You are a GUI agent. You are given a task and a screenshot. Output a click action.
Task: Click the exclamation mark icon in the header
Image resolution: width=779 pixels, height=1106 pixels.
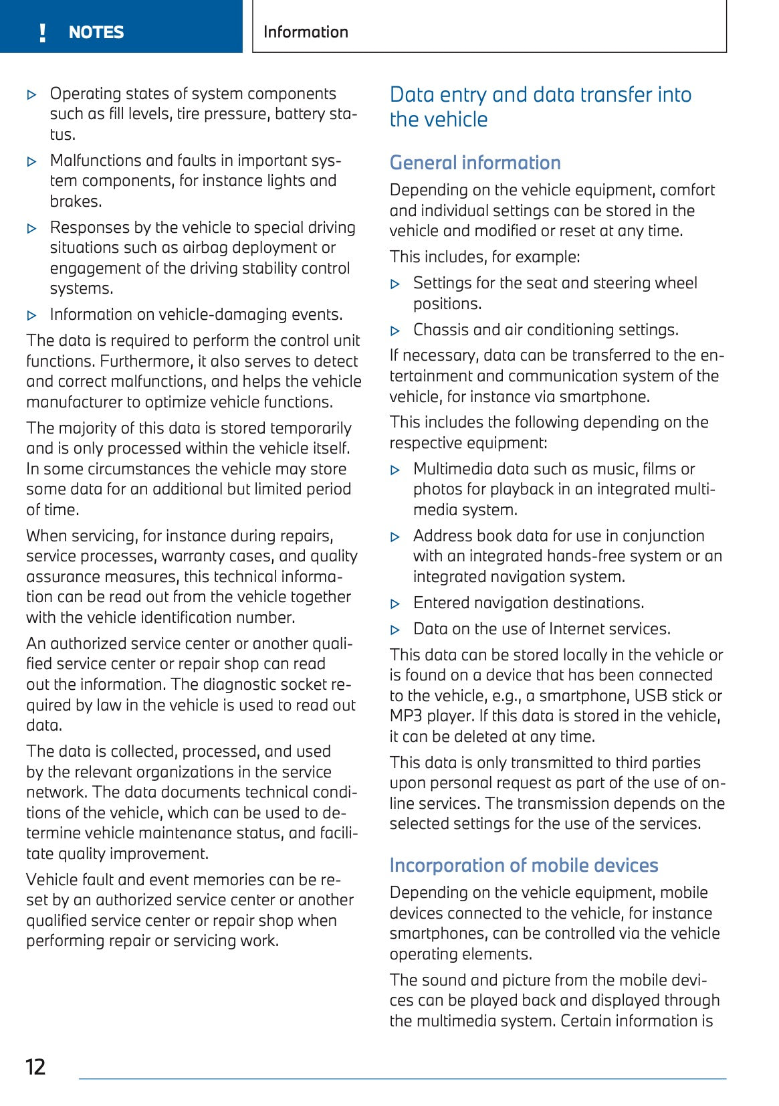coord(43,32)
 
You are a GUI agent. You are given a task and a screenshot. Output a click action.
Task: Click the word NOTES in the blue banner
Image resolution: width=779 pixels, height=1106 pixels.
coord(96,32)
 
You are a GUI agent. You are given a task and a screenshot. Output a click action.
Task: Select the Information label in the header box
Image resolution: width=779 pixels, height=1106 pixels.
coord(306,32)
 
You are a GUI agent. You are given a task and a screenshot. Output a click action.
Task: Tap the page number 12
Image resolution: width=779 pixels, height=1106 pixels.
coord(35,1067)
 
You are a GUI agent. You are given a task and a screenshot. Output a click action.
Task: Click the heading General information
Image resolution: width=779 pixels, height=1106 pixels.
coord(475,163)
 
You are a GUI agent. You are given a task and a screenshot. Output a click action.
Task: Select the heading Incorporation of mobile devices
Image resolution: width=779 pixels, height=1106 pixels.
coord(524,865)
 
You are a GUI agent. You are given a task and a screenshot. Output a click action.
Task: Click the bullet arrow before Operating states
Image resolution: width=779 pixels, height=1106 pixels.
coord(31,95)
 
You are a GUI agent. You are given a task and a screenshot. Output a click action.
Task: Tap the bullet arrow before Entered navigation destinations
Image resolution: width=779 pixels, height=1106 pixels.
coord(395,604)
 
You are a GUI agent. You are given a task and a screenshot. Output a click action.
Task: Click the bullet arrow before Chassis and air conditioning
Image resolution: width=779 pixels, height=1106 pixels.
coord(395,331)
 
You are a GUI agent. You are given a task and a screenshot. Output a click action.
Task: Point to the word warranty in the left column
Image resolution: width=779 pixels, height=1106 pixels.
coord(191,557)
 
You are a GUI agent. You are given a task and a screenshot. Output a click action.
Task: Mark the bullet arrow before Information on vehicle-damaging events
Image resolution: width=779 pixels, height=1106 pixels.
coord(31,316)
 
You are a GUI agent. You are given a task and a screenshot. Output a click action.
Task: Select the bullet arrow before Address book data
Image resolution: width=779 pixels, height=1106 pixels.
coord(395,537)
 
